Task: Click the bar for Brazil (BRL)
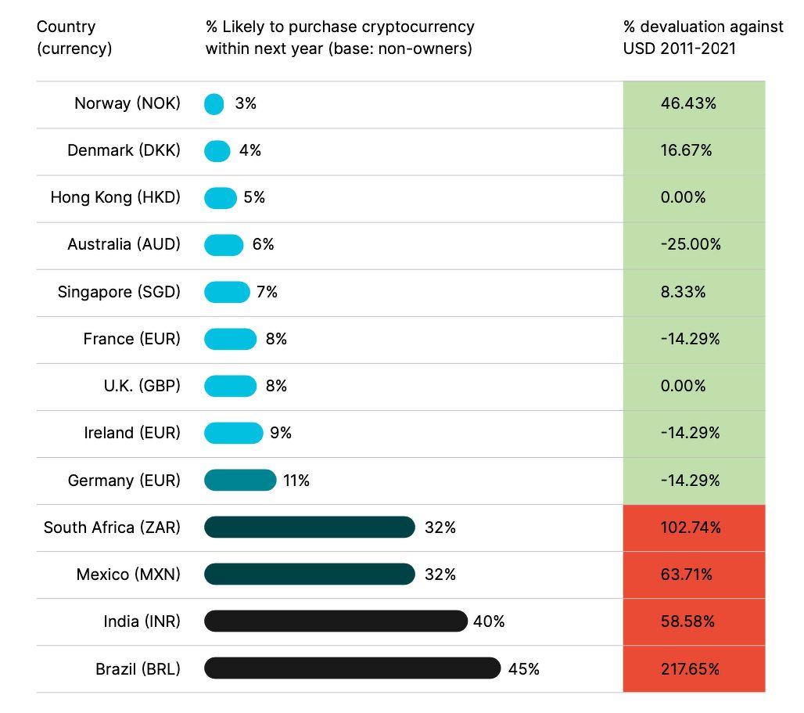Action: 352,668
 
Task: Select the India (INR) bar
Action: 336,621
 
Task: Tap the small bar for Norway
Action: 214,104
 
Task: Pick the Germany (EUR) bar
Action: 240,480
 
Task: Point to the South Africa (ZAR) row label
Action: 112,528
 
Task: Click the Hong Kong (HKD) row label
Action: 115,197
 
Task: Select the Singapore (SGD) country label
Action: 119,292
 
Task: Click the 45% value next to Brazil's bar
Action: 524,669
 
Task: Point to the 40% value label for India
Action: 489,621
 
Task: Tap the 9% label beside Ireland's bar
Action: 281,433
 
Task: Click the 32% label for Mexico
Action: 440,574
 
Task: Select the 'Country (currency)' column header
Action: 74,38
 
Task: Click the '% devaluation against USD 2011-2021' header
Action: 702,38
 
